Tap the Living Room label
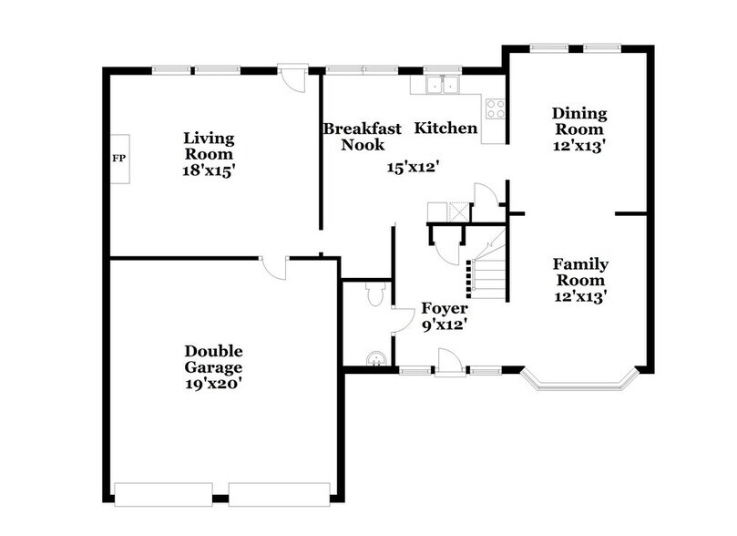click(x=209, y=147)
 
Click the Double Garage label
click(x=213, y=359)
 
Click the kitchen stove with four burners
click(x=497, y=109)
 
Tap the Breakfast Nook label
click(x=362, y=136)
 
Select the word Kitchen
click(x=445, y=129)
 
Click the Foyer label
click(x=444, y=309)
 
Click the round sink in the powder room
click(x=375, y=358)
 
